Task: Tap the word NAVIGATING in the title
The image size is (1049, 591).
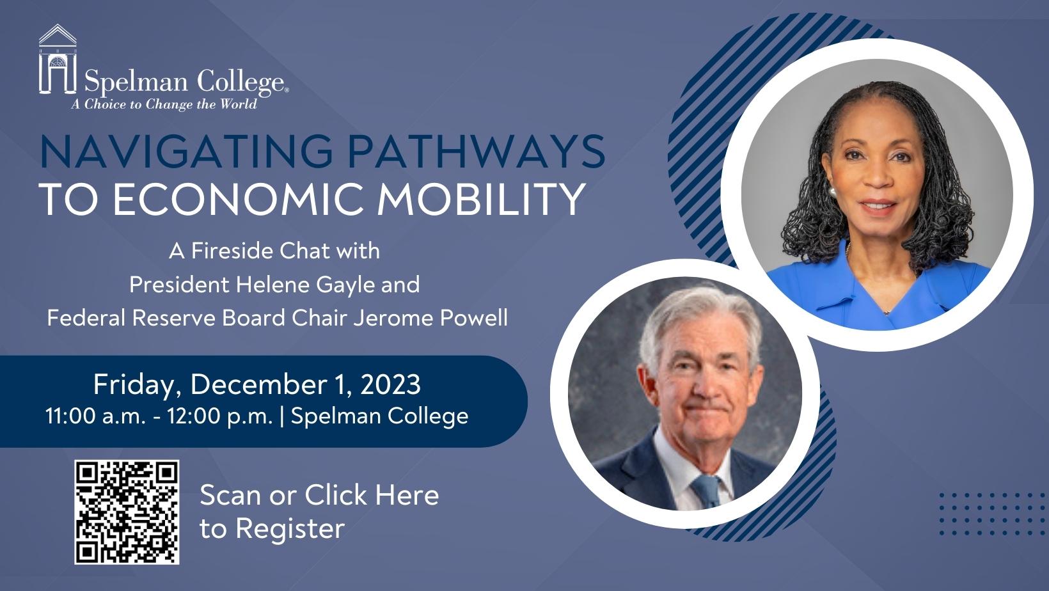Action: [x=186, y=151]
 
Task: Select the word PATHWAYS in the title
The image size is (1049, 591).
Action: [x=477, y=151]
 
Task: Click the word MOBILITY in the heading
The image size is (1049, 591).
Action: [x=482, y=199]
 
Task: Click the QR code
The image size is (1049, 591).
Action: [x=127, y=512]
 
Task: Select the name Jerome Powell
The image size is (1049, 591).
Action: [x=430, y=318]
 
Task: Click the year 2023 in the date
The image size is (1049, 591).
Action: [x=390, y=384]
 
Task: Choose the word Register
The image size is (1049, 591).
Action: [x=290, y=529]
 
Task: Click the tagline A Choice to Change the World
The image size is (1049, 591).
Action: [x=164, y=104]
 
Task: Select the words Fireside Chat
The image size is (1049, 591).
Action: [x=260, y=251]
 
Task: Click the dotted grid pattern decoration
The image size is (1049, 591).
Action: [x=986, y=514]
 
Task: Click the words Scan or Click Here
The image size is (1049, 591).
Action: [x=319, y=495]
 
